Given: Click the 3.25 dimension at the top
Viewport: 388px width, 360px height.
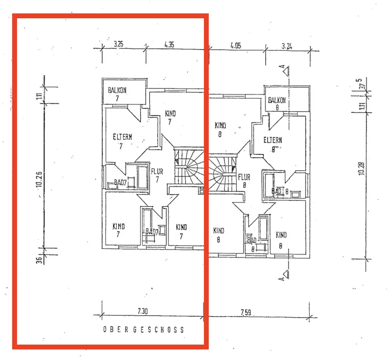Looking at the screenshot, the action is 118,44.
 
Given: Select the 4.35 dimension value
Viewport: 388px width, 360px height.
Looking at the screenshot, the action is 169,44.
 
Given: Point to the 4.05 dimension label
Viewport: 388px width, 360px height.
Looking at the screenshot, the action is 236,45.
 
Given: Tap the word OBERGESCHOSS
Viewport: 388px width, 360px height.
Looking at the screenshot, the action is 143,330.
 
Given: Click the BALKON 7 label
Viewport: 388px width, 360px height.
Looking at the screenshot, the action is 117,94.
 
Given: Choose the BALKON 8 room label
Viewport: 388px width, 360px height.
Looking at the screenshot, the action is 277,103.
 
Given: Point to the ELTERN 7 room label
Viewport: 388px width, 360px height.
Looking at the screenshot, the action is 122,140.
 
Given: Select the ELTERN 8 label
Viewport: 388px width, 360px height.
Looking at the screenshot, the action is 272,143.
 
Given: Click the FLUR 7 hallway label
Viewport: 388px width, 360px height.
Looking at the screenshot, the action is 157,175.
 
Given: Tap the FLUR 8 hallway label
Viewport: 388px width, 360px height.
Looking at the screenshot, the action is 244,181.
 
